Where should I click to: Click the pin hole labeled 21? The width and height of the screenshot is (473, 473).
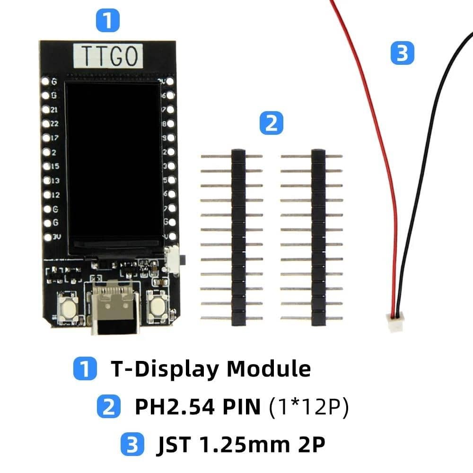(x=46, y=110)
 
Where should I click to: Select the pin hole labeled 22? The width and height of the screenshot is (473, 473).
(x=46, y=124)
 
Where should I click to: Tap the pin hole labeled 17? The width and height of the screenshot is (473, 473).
(x=46, y=138)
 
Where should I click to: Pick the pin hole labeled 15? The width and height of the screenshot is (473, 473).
(x=46, y=166)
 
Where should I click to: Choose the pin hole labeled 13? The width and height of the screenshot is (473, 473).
(x=46, y=181)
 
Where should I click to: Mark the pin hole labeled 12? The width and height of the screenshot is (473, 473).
(x=46, y=194)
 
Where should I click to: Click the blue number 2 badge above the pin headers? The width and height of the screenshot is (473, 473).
(x=272, y=124)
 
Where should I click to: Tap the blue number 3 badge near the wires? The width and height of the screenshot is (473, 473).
(x=402, y=53)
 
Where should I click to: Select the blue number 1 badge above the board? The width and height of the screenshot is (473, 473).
(x=108, y=22)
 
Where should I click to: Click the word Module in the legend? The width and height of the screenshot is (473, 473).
(x=269, y=368)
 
